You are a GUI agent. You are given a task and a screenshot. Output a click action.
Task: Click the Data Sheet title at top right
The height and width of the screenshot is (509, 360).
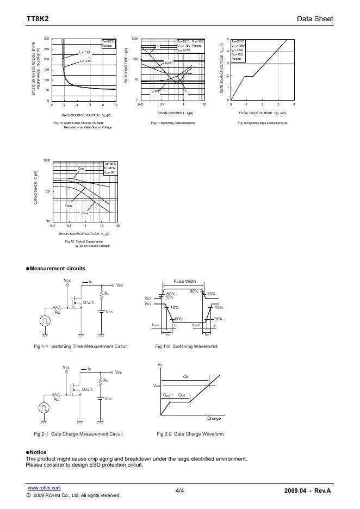pos(315,19)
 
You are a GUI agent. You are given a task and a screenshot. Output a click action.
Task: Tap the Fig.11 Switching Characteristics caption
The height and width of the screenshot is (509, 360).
pos(173,123)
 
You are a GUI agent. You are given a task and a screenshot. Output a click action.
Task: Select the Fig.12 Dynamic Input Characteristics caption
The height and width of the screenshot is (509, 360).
pos(262,123)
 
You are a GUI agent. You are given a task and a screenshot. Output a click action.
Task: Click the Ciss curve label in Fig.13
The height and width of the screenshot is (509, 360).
pos(82,169)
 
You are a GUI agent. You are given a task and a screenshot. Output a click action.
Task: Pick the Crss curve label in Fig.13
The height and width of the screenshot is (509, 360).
pos(85,213)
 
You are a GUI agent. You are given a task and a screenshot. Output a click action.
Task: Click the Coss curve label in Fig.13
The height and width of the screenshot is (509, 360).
pos(69,206)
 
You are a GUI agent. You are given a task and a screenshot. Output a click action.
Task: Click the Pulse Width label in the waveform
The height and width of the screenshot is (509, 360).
pos(184,281)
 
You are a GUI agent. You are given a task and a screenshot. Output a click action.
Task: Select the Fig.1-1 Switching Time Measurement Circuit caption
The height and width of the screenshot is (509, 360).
pos(80,346)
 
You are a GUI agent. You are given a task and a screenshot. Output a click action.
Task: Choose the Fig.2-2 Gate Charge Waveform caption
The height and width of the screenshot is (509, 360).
pos(190,434)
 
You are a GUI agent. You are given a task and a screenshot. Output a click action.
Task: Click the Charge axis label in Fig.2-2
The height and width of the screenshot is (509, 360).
pos(214,419)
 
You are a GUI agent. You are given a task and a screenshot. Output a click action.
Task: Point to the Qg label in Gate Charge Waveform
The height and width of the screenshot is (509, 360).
pos(186,376)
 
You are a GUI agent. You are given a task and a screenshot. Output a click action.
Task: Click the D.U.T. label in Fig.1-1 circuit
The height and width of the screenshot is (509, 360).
pos(89,302)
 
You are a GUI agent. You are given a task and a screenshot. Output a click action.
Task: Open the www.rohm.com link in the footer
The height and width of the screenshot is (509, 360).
pos(44,488)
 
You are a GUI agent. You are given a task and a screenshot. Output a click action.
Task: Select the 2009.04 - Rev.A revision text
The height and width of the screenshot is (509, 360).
pos(307,491)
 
